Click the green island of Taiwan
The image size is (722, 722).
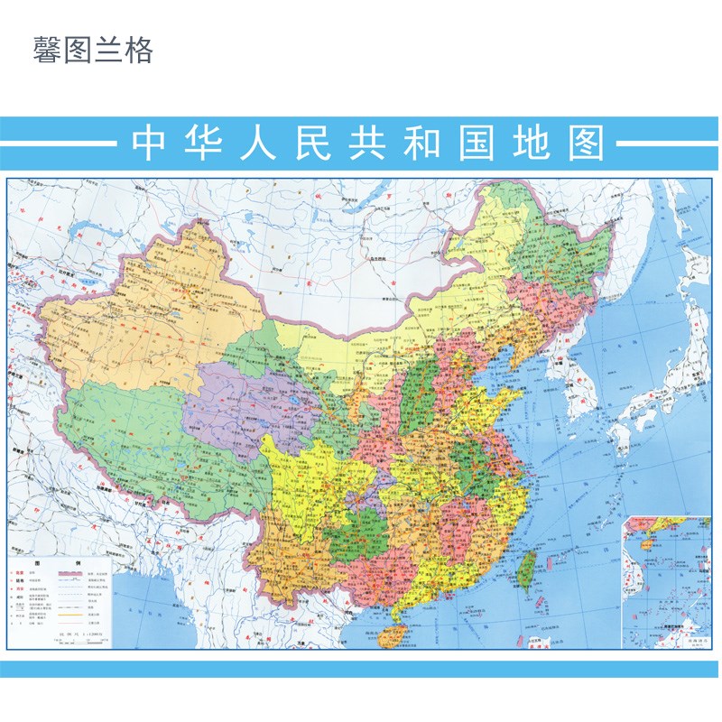point(525,570)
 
